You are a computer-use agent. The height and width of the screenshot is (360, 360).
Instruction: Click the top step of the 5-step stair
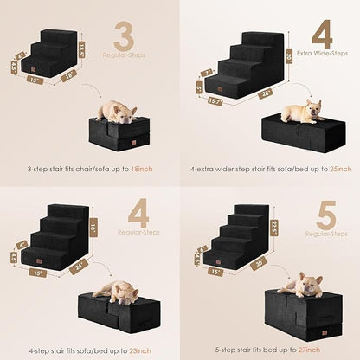(252, 210)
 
